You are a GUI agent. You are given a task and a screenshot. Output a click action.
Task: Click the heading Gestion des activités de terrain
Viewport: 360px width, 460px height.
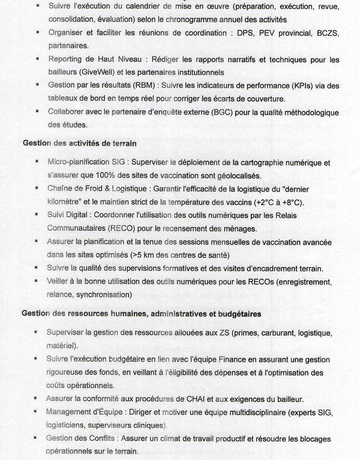pos(79,143)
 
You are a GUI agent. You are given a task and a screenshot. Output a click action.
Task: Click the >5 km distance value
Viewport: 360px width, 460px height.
pos(142,255)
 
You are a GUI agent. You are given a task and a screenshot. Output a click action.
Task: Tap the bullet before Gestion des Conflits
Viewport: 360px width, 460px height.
pos(36,438)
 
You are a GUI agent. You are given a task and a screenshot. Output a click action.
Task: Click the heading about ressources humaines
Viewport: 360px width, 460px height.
pos(141,314)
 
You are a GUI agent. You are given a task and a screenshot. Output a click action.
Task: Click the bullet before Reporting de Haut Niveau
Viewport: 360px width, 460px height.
pos(37,60)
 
